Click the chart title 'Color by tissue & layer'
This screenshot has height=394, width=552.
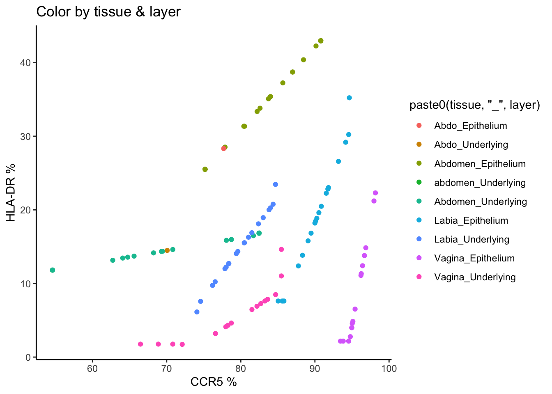pyautogui.click(x=108, y=11)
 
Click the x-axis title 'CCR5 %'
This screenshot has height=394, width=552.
pyautogui.click(x=214, y=382)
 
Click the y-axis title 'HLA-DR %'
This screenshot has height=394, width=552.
pyautogui.click(x=11, y=192)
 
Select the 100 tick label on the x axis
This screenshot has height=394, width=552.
pyautogui.click(x=389, y=369)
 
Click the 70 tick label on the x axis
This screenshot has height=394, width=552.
pyautogui.click(x=166, y=369)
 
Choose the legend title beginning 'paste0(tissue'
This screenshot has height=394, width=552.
pyautogui.click(x=474, y=105)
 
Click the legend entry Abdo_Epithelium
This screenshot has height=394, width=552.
pyautogui.click(x=470, y=126)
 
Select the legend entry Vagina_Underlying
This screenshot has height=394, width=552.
pyautogui.click(x=475, y=277)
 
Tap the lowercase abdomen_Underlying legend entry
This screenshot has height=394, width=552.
pyautogui.click(x=480, y=183)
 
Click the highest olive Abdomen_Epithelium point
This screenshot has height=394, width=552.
pyautogui.click(x=321, y=41)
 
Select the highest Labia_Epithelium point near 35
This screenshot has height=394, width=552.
pyautogui.click(x=349, y=98)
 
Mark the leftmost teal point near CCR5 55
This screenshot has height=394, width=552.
pyautogui.click(x=52, y=270)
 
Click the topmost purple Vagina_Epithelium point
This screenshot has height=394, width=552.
pyautogui.click(x=375, y=193)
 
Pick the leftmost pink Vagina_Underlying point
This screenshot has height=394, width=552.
pyautogui.click(x=140, y=344)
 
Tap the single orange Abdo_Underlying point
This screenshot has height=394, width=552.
pyautogui.click(x=167, y=250)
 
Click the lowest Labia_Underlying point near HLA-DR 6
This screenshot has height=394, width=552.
pyautogui.click(x=197, y=312)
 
